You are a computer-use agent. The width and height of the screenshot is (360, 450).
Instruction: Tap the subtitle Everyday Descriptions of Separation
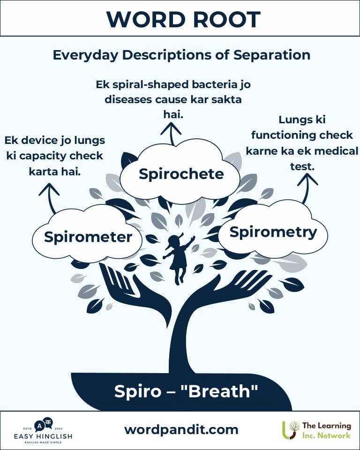[181, 55]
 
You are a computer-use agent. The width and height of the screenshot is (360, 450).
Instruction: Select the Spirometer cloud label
[88, 237]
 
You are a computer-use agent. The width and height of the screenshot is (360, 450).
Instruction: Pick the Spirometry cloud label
[273, 232]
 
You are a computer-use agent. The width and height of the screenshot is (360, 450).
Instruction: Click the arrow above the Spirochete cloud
[171, 132]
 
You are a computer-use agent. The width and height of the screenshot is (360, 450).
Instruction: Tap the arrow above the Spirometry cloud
[307, 186]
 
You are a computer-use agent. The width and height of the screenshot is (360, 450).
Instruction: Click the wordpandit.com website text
[181, 429]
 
